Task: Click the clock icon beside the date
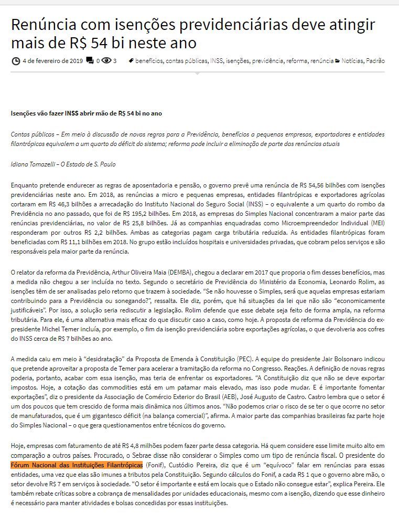point(16,61)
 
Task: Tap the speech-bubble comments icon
point(90,61)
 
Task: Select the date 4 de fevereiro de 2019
point(53,61)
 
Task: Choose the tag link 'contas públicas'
point(187,61)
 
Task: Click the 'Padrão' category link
point(375,61)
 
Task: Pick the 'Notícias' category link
point(352,61)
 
